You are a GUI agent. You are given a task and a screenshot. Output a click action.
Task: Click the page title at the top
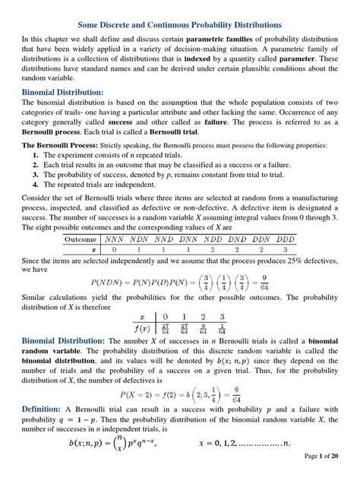pos(179,25)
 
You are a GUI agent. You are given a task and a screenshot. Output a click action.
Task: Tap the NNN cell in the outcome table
pos(114,237)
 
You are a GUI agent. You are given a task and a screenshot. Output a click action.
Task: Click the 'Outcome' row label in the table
pos(79,237)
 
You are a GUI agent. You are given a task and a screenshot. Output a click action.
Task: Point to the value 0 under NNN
pos(114,248)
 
